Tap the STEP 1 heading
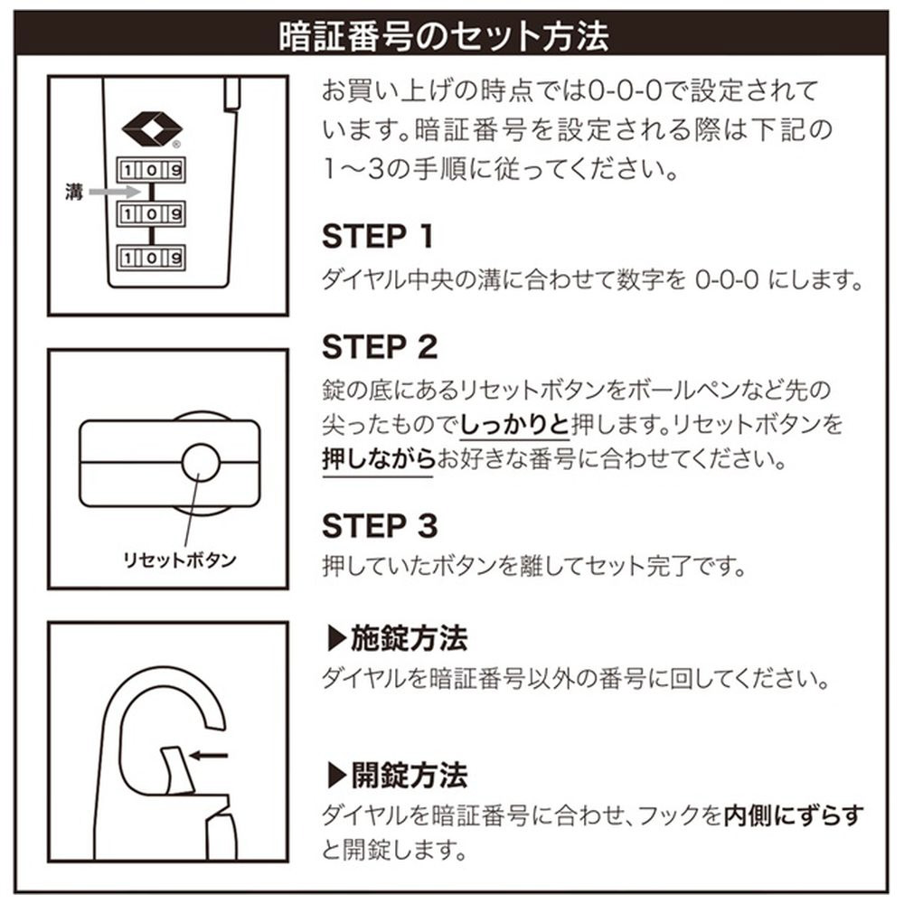point(378,237)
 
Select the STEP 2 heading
point(380,346)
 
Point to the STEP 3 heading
point(380,525)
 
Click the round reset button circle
point(200,463)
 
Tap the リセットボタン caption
point(179,560)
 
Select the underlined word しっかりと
point(514,423)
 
